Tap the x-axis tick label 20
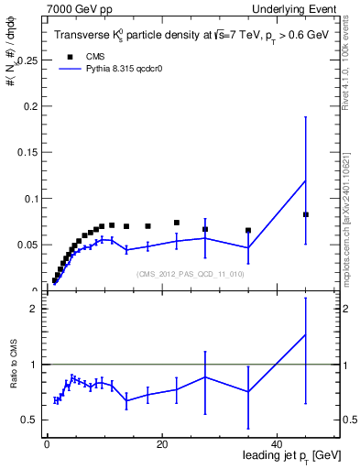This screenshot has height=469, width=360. (162, 444)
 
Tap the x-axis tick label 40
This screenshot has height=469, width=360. (278, 444)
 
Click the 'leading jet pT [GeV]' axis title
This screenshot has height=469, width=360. (292, 455)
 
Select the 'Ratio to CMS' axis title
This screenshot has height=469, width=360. (13, 377)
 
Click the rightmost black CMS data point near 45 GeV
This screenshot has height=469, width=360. (306, 214)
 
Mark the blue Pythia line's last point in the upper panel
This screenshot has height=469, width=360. (306, 180)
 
